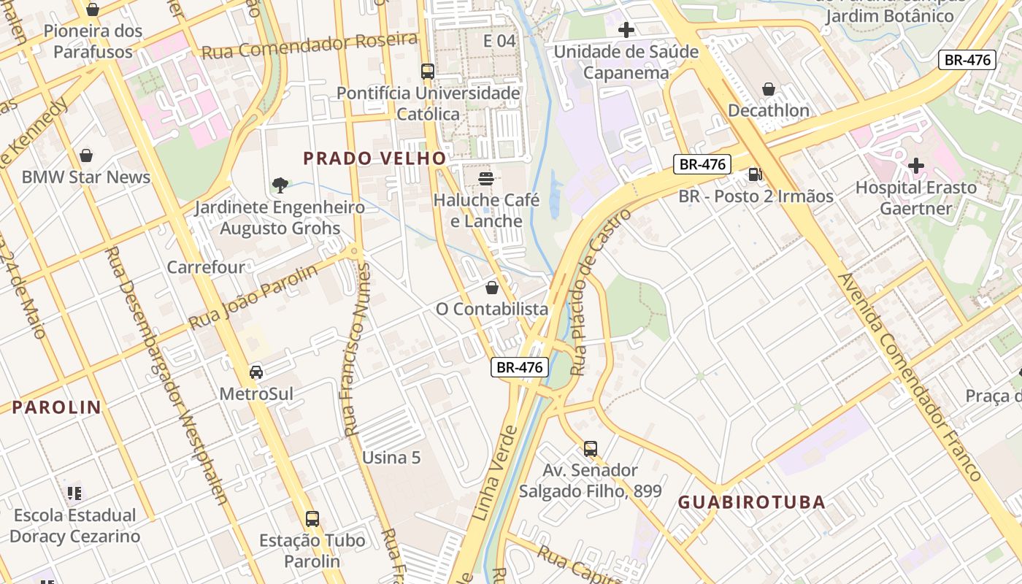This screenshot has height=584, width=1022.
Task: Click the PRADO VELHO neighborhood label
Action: coord(374,158)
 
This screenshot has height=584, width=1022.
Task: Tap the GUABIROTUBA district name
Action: coord(751,502)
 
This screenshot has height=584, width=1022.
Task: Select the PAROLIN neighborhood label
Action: coord(56,407)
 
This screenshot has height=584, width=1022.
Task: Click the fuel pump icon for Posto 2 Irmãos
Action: coord(755,174)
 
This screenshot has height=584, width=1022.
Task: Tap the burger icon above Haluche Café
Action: coord(486,178)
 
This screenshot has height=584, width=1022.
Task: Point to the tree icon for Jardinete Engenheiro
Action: coord(280,185)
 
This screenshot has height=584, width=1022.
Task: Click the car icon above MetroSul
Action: coord(256,372)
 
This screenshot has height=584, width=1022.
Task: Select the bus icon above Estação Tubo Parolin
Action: coord(312,519)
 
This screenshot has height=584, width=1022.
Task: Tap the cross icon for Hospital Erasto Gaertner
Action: coord(915,166)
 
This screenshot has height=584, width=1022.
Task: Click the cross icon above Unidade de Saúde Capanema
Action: coord(626,30)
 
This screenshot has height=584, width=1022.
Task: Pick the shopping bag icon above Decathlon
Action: coord(769,89)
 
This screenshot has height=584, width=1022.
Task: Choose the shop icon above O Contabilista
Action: coord(492,288)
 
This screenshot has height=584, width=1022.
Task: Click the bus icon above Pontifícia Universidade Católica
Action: coord(428,72)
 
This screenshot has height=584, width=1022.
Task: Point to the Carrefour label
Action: coord(206,267)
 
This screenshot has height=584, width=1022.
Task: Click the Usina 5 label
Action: coord(391,458)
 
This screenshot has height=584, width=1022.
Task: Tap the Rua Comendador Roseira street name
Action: coord(310,46)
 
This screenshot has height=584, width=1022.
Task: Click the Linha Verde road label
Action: coord(496,473)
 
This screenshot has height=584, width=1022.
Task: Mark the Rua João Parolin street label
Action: coord(253,297)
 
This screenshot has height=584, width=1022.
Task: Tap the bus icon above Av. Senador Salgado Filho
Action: coord(591,448)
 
